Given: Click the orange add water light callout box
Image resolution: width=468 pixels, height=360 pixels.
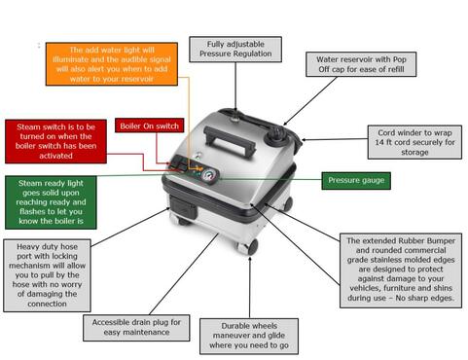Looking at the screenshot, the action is click(x=112, y=64).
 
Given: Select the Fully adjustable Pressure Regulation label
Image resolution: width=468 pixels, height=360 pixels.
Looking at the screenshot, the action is click(x=235, y=49).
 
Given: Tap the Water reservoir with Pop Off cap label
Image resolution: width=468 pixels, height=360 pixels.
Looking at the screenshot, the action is click(x=361, y=64).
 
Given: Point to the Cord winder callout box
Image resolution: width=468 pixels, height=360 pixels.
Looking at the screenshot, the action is click(x=414, y=142).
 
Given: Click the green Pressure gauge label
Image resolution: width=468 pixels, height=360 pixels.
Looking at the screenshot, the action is click(x=356, y=181).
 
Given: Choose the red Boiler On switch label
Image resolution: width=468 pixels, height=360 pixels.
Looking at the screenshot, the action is click(x=149, y=126).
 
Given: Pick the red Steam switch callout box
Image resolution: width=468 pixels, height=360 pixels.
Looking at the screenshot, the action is click(x=55, y=141).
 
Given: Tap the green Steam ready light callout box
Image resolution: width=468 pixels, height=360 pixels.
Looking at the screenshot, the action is click(x=51, y=202).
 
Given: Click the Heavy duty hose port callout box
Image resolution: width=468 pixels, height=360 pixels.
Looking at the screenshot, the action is click(x=47, y=275).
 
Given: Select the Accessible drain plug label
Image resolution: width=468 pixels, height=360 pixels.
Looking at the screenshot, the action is click(x=136, y=328).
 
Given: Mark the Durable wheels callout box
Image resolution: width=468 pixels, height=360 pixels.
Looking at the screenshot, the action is click(x=249, y=336).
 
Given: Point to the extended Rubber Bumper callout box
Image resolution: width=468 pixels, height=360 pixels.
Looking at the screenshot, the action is click(x=401, y=270).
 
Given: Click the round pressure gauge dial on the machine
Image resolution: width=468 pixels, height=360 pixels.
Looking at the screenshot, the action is click(x=209, y=176).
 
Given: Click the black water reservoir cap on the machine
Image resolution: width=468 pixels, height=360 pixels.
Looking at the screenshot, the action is click(x=275, y=135).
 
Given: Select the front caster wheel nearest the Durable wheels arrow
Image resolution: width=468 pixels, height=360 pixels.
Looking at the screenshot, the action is click(x=248, y=247).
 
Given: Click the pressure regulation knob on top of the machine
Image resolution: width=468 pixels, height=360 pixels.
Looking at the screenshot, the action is click(x=234, y=119).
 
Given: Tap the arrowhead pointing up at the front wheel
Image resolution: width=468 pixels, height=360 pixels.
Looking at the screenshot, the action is click(x=250, y=260).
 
